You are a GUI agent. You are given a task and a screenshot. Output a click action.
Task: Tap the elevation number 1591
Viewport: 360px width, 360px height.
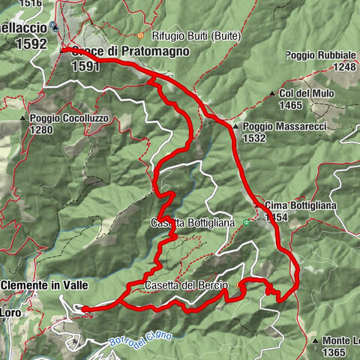coord(85,66)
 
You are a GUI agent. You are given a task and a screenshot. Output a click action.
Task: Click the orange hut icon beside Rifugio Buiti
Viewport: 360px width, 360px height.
coord(140,35)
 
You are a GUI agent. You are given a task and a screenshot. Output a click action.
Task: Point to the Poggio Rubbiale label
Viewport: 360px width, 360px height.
coord(320,55)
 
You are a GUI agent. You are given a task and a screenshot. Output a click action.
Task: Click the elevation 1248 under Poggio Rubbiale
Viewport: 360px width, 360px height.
coord(345,67)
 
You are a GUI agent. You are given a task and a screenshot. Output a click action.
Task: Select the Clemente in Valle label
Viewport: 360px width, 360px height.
coord(45,286)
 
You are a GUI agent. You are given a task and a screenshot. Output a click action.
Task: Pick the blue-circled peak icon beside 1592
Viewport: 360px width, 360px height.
coord(54,26)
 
